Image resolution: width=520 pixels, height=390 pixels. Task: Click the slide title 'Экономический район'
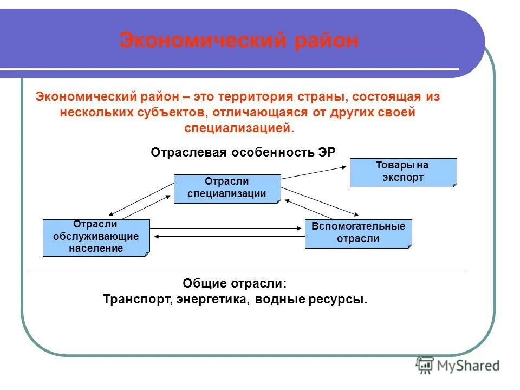[239, 41]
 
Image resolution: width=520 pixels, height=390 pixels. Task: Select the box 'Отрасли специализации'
[227, 188]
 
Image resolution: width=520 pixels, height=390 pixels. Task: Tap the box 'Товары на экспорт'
[403, 172]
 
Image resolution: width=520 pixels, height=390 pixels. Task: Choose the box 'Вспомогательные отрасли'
[358, 233]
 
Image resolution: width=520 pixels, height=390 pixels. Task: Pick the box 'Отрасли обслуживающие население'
[96, 237]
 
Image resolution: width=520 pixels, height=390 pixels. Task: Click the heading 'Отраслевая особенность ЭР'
[243, 153]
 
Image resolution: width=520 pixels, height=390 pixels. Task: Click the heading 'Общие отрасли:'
[235, 283]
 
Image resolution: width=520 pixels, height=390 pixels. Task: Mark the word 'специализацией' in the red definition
[239, 129]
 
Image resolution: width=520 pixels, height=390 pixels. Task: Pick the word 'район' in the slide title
[326, 41]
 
